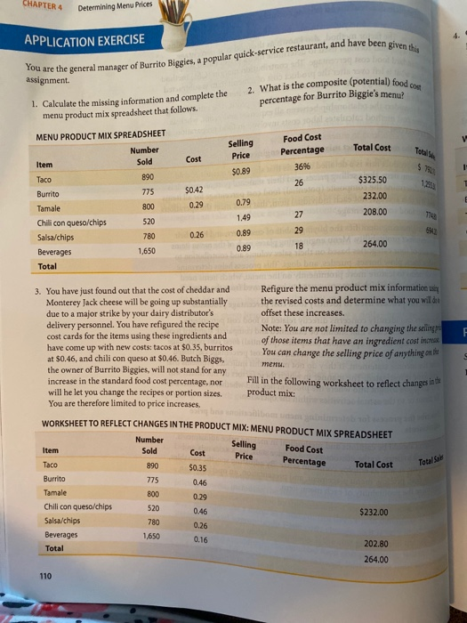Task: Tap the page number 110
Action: point(45,576)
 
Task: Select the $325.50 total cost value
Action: point(370,178)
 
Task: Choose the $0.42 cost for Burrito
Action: point(196,190)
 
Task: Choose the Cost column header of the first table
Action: point(194,158)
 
